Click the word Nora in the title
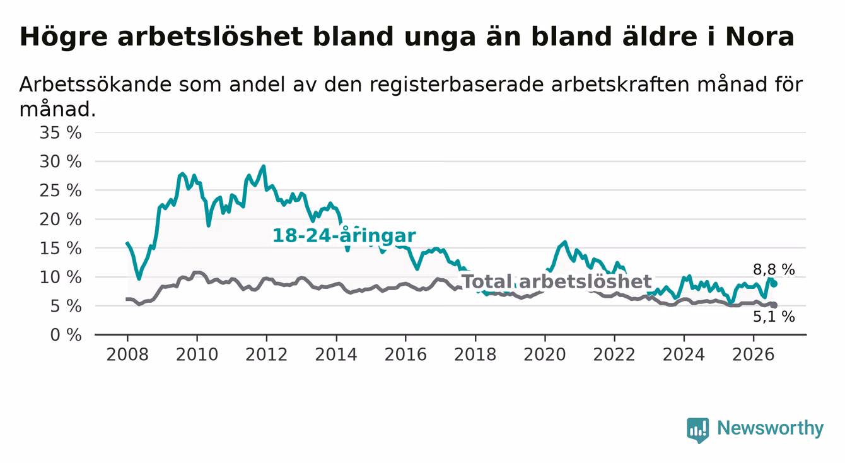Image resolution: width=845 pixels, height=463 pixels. (760, 37)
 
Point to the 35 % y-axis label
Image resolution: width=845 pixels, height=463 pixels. (61, 133)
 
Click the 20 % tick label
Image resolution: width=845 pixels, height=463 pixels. (61, 220)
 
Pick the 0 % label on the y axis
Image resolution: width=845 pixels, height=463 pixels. (66, 335)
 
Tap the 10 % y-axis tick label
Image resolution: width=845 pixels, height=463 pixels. (61, 278)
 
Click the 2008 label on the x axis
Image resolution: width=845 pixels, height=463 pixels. (127, 355)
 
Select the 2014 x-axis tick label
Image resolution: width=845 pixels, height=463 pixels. (336, 355)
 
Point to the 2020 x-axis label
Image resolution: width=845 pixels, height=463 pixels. (545, 355)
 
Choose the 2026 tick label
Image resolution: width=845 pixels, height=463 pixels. (754, 355)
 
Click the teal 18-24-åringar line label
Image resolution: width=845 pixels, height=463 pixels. (344, 236)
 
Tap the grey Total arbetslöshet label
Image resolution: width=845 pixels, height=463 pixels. (557, 281)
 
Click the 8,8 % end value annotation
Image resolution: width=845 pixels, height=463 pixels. (774, 270)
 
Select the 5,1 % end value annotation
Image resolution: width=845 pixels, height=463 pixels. (774, 317)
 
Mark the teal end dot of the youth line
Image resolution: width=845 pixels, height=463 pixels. (774, 284)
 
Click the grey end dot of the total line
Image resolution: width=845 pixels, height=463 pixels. (774, 305)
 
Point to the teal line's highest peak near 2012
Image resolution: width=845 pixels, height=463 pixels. (264, 166)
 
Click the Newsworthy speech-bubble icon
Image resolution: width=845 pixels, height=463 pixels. (698, 430)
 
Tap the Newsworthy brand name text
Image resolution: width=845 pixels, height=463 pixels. (771, 428)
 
